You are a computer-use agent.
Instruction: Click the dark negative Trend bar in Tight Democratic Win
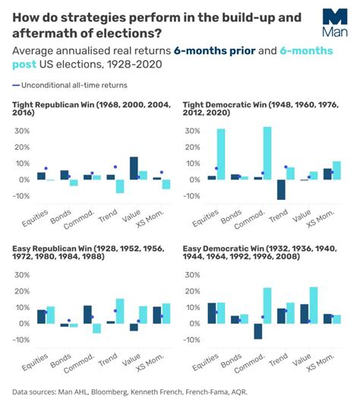point(281,189)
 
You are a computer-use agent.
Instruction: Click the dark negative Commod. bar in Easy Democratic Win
point(258,331)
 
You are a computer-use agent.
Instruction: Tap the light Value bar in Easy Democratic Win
point(313,305)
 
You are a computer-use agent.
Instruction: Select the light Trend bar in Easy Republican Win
point(119,311)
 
